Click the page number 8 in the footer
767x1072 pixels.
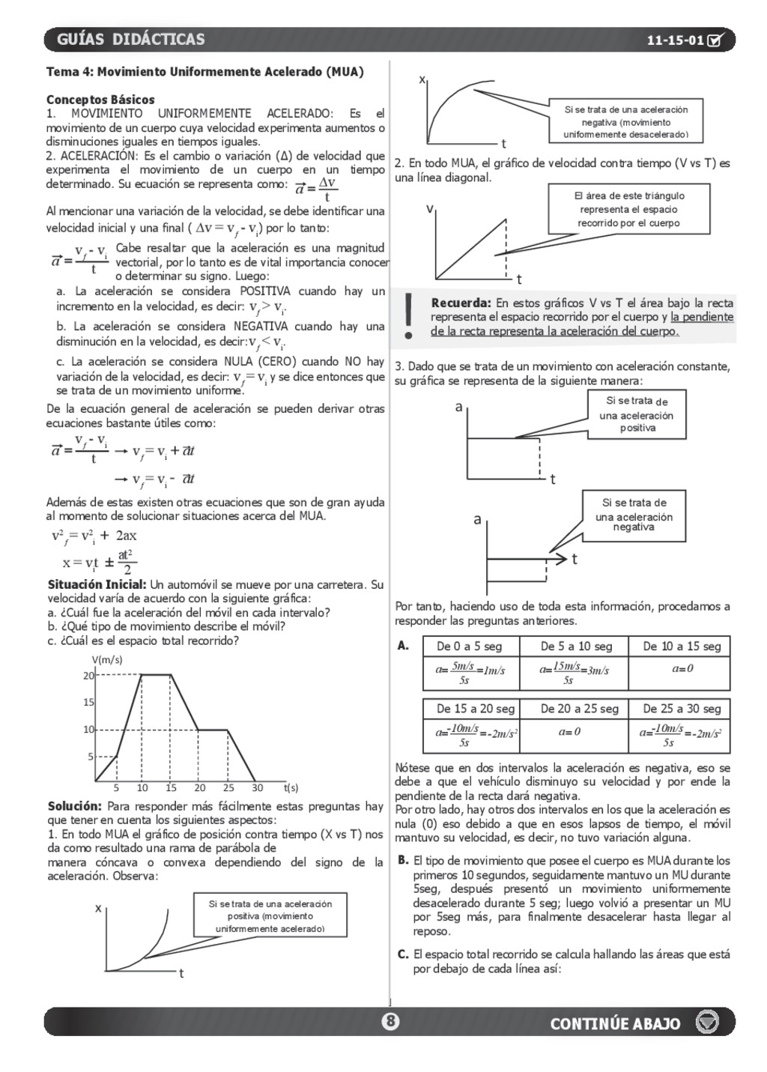[x=390, y=1021]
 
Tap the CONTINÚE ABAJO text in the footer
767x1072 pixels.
[x=615, y=1024]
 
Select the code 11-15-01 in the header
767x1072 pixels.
[x=675, y=40]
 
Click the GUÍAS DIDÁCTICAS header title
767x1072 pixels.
[x=130, y=40]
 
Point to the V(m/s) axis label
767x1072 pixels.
[x=107, y=660]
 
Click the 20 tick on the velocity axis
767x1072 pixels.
[x=88, y=676]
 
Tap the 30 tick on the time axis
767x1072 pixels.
[x=257, y=788]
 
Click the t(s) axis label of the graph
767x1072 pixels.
[x=291, y=788]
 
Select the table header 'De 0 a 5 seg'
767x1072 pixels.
[x=469, y=646]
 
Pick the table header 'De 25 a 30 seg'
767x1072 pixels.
[x=681, y=709]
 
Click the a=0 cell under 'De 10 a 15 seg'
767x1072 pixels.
[x=682, y=668]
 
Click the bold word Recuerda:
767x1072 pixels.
[x=461, y=303]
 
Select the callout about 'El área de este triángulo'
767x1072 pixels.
[x=629, y=209]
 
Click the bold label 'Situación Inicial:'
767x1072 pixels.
[x=97, y=584]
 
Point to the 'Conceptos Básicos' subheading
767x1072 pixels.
[x=100, y=100]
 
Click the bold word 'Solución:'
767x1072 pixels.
[x=74, y=807]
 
